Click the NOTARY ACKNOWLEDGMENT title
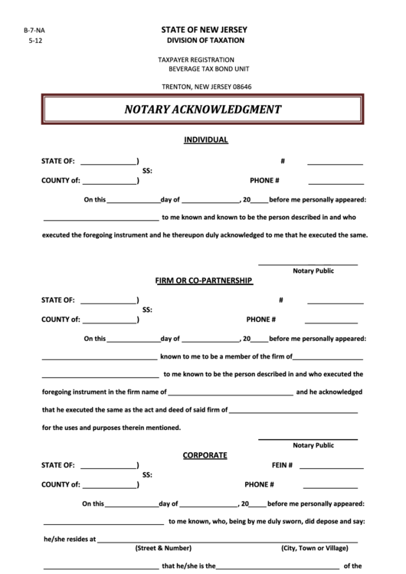pyautogui.click(x=203, y=110)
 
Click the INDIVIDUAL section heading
pyautogui.click(x=206, y=140)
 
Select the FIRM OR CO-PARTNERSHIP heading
pyautogui.click(x=204, y=280)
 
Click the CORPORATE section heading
pyautogui.click(x=205, y=454)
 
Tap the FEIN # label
pyautogui.click(x=283, y=465)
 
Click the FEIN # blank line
pyautogui.click(x=331, y=466)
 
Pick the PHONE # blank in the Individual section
pyautogui.click(x=336, y=183)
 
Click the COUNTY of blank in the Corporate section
pyautogui.click(x=110, y=487)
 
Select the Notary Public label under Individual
pyautogui.click(x=313, y=271)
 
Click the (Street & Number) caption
pyautogui.click(x=163, y=548)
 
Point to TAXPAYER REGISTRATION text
pyautogui.click(x=196, y=59)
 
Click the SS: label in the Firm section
pyautogui.click(x=147, y=310)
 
